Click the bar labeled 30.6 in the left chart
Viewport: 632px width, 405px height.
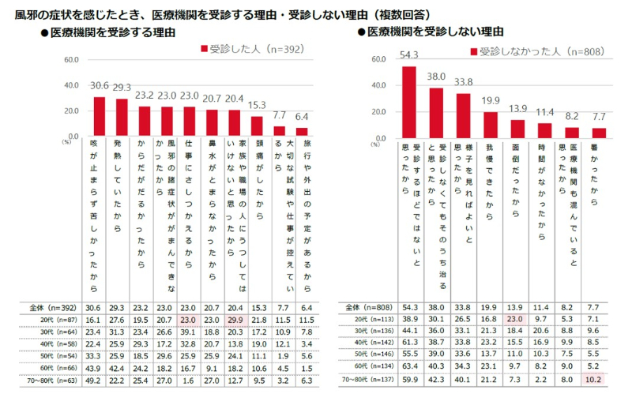point(99,117)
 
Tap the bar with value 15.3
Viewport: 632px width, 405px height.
point(258,126)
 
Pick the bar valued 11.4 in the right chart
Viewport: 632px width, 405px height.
point(545,130)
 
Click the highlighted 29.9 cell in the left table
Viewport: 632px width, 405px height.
point(235,319)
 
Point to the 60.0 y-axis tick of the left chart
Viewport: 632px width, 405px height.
point(70,60)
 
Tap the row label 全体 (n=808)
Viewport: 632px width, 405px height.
point(368,306)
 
